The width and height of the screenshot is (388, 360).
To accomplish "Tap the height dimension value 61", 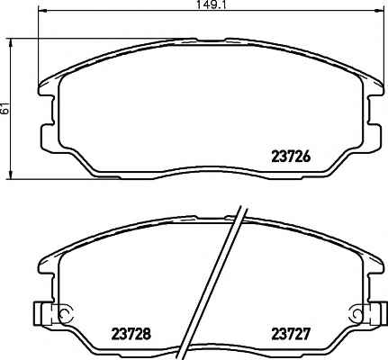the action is [x=5, y=109].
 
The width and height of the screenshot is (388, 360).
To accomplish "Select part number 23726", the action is [x=290, y=157].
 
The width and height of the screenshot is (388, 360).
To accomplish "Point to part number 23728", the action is [x=131, y=334].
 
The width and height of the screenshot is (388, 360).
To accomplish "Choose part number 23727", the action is [x=290, y=334].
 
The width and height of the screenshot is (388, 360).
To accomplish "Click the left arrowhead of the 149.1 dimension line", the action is [x=42, y=11].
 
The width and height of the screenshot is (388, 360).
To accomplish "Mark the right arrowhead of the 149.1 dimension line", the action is [x=379, y=11].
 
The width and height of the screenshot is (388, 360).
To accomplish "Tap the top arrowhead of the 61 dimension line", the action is [x=11, y=42].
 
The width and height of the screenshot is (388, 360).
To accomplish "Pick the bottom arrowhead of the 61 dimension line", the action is [x=11, y=175].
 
